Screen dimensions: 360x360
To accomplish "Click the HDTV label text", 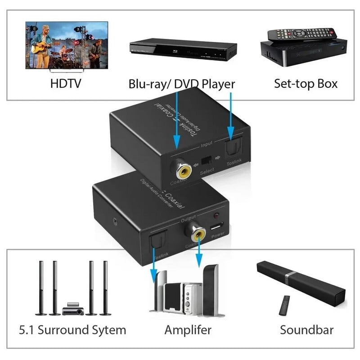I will click(x=66, y=83).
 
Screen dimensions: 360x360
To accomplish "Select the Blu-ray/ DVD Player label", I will click(x=182, y=84).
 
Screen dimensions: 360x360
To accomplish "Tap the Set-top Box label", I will click(x=306, y=83).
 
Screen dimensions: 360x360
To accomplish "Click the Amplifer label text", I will click(x=188, y=330).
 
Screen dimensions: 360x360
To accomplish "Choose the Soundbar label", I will click(x=306, y=330).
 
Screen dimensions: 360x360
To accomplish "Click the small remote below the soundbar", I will click(x=284, y=305).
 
